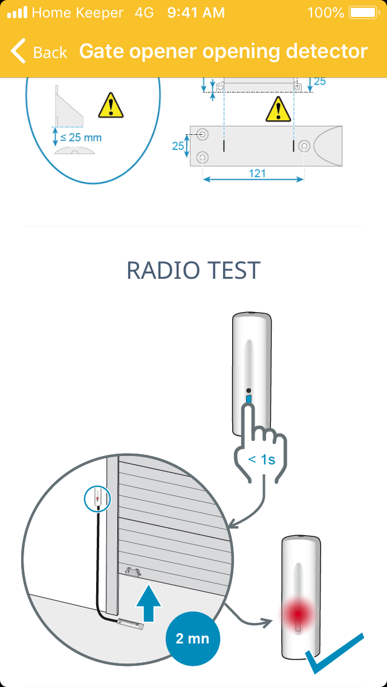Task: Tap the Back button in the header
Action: click(39, 51)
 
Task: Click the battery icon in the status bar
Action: click(364, 12)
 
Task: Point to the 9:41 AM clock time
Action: click(196, 12)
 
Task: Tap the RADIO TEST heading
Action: click(193, 270)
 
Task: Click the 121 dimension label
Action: click(257, 174)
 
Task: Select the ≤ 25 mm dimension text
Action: click(80, 137)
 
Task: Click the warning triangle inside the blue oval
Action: click(111, 106)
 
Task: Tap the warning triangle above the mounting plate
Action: click(278, 109)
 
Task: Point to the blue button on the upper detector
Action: click(249, 400)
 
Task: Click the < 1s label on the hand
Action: click(262, 460)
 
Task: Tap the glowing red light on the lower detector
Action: click(298, 614)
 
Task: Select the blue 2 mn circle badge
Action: click(192, 639)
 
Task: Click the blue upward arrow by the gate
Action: click(149, 602)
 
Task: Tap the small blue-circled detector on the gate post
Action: click(97, 498)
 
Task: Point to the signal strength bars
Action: click(17, 12)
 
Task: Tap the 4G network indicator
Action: click(144, 12)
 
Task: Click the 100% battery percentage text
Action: click(326, 12)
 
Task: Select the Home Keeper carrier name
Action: click(77, 12)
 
